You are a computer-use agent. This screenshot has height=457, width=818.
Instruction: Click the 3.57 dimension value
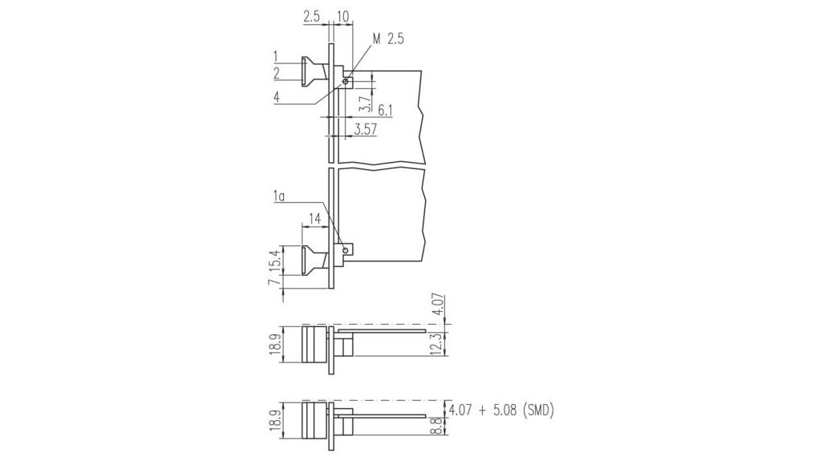point(365,127)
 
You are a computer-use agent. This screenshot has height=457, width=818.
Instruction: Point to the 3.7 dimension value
point(365,102)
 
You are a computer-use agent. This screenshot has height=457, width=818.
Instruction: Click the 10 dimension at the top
point(342,16)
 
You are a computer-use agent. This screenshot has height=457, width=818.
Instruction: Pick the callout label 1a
point(279,196)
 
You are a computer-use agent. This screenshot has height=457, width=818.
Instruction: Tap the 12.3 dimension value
point(435,342)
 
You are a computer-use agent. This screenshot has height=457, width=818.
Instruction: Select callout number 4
point(276,97)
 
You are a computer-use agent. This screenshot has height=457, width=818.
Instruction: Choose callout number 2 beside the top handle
point(276,73)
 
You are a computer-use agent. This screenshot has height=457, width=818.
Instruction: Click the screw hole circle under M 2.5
point(346,81)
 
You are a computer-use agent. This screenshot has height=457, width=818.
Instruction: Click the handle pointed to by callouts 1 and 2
point(314,72)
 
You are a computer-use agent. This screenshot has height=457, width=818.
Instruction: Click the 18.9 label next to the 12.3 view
point(274,343)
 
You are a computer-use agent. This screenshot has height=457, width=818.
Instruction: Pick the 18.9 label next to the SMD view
point(274,420)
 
